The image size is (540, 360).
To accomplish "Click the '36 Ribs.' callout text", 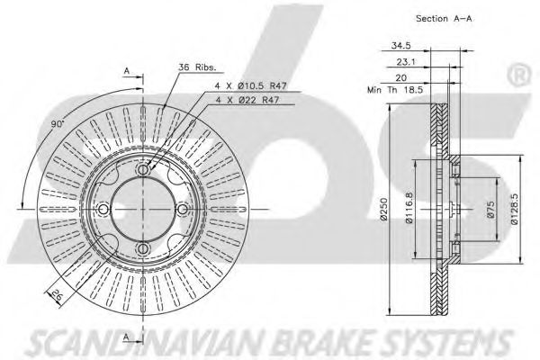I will point(195,66).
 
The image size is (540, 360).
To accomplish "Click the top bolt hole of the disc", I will point(143,170).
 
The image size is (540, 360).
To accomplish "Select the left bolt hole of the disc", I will point(103,210).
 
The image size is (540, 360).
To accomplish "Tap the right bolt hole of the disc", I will point(183,210).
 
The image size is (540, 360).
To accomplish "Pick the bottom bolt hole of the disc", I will point(143,250).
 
